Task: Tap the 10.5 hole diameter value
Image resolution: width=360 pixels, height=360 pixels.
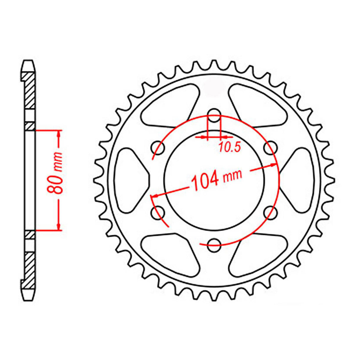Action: point(229,147)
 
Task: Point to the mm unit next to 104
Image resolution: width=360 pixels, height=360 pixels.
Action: point(232,176)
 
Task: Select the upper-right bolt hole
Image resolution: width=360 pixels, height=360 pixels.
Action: point(270,148)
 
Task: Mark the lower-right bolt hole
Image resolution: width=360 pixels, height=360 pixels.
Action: point(270,212)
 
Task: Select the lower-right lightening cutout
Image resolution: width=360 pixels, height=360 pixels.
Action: point(258,255)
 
